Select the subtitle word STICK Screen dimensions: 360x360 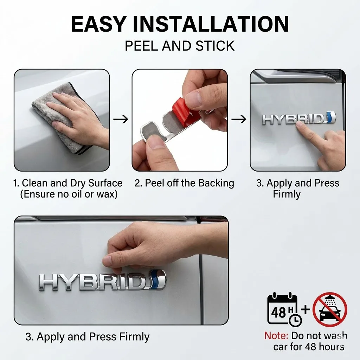click(x=215, y=46)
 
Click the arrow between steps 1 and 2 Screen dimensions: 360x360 click(x=121, y=119)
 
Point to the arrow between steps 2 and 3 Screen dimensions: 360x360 click(x=239, y=119)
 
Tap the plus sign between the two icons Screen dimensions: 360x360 click(x=306, y=309)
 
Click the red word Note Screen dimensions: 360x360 click(x=276, y=336)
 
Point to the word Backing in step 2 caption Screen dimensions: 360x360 click(x=216, y=184)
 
